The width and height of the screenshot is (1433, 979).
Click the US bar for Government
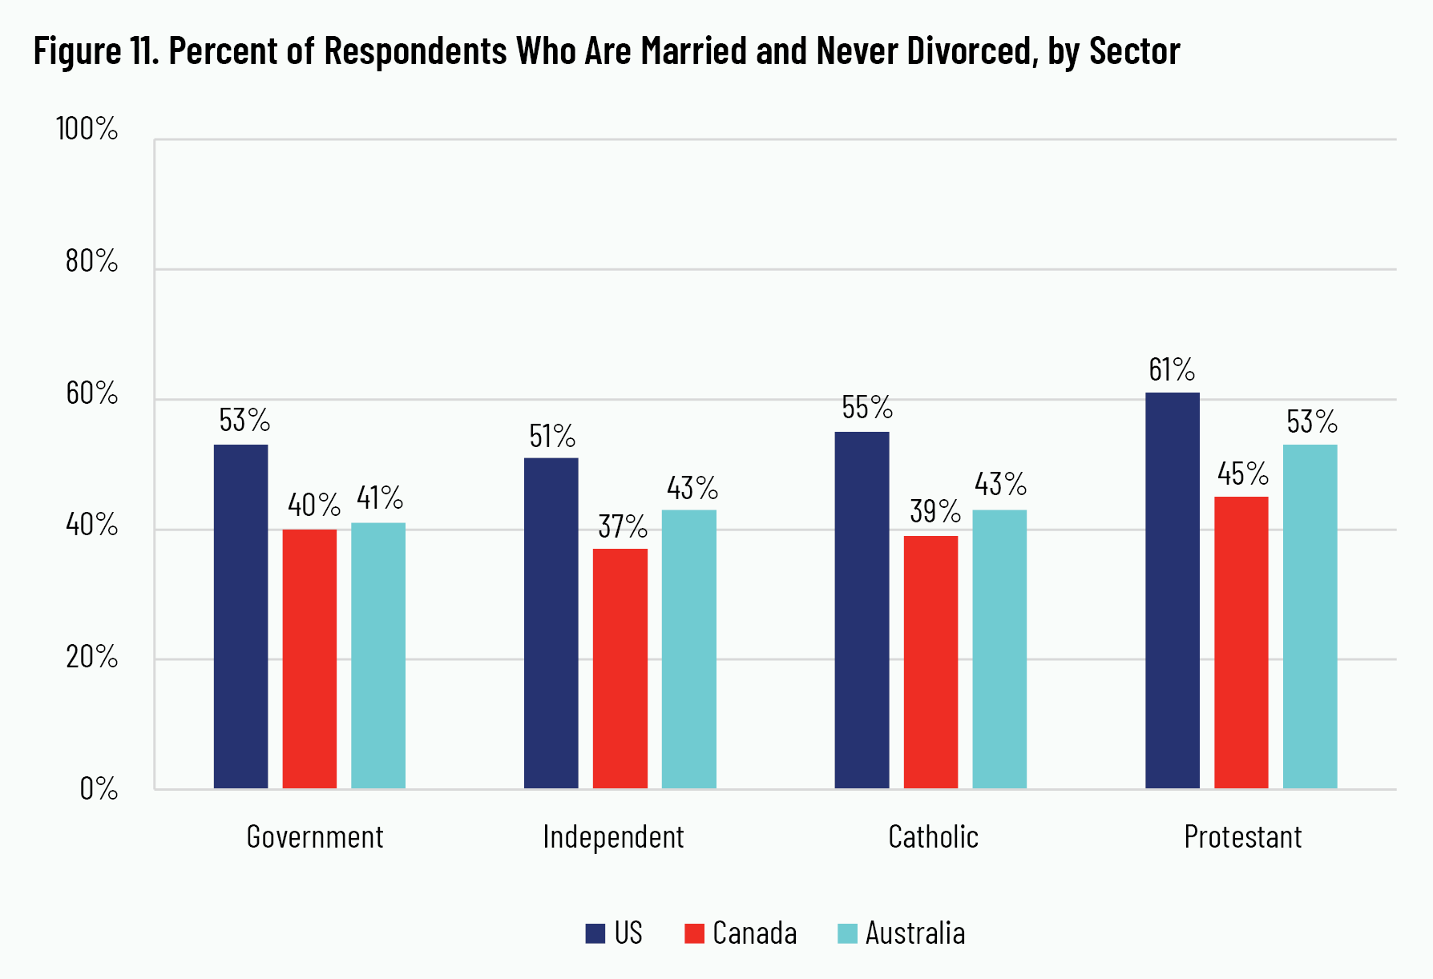(x=240, y=616)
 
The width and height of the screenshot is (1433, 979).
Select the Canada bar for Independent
(x=620, y=668)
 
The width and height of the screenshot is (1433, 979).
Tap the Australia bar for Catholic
(x=999, y=649)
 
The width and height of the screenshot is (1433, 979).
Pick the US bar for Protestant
(x=1172, y=590)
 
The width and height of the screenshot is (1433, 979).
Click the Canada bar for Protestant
(x=1241, y=643)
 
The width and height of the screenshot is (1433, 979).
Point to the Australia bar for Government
(x=377, y=655)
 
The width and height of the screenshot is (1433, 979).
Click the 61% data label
(x=1172, y=369)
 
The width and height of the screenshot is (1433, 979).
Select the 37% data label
(x=623, y=526)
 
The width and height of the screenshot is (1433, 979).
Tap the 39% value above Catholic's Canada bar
(x=934, y=510)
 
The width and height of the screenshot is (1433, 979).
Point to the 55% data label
(x=866, y=408)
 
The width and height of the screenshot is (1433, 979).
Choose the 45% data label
(x=1242, y=473)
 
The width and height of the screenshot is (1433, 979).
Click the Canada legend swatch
(x=694, y=933)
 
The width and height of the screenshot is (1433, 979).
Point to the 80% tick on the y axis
(x=91, y=261)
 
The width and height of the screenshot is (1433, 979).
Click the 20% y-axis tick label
(x=91, y=657)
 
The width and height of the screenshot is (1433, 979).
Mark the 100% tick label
(x=87, y=129)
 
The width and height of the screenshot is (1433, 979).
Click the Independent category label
(x=613, y=837)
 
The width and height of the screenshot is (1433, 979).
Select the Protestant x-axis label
(x=1242, y=837)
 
